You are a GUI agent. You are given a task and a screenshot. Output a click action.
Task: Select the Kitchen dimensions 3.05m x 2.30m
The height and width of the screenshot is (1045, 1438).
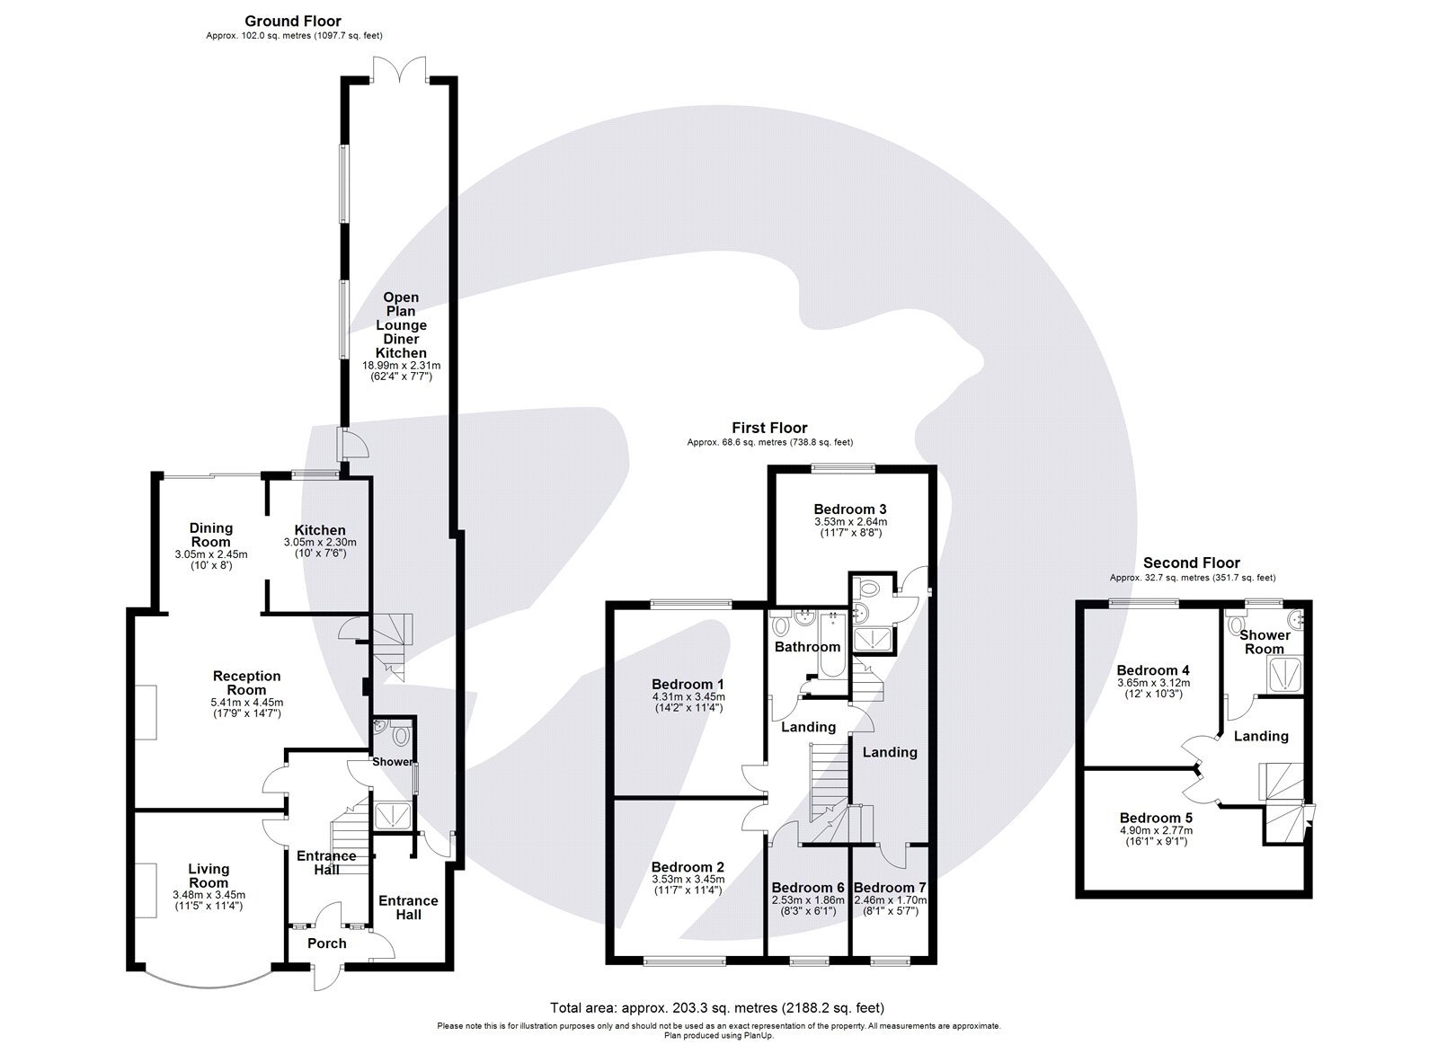(x=320, y=543)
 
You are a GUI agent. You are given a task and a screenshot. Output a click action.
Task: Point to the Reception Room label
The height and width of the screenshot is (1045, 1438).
(x=246, y=683)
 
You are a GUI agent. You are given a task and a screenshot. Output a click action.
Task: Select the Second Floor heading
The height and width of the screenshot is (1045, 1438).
(x=1191, y=563)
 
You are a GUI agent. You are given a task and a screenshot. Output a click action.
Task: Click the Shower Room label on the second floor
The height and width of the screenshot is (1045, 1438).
(x=1265, y=642)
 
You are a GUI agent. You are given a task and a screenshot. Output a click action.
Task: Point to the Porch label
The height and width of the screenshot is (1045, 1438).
(x=326, y=943)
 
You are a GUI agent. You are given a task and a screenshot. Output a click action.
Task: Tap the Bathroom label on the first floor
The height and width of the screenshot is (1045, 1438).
(x=807, y=647)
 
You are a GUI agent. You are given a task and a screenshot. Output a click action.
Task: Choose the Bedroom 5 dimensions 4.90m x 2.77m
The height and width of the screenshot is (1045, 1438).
(x=1156, y=830)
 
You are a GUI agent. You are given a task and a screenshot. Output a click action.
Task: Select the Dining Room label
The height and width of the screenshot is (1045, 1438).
(x=210, y=535)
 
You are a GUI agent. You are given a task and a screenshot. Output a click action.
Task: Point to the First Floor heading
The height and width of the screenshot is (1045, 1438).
(x=769, y=429)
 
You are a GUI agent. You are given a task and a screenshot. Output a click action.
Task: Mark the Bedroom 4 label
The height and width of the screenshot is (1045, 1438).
(x=1152, y=670)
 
